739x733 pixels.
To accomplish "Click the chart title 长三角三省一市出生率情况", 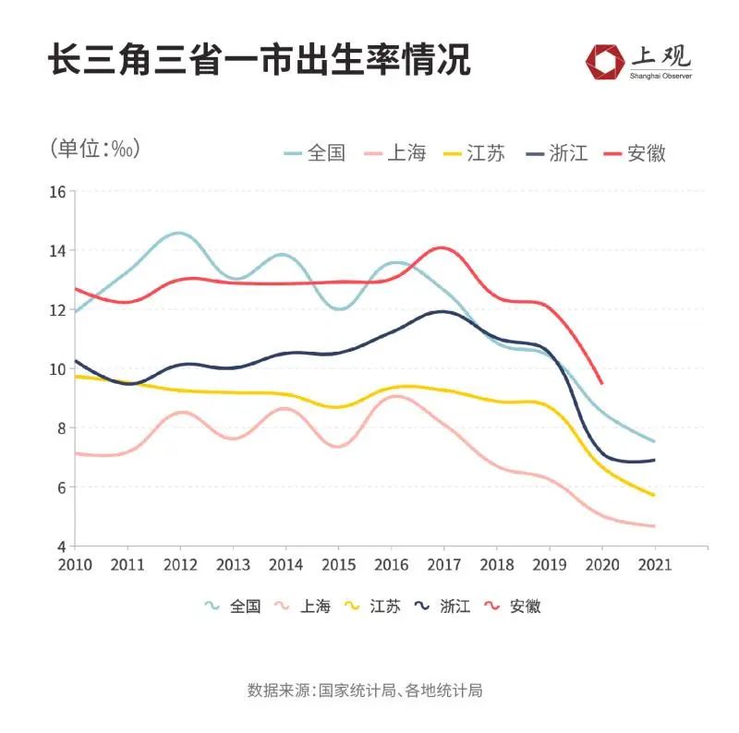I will click(260, 60).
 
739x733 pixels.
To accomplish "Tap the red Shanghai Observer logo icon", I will click(605, 61).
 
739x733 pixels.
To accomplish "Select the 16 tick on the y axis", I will click(57, 192).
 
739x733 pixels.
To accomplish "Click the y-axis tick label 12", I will click(57, 310).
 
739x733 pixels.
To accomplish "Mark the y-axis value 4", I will click(61, 547).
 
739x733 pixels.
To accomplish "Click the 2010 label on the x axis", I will click(74, 564).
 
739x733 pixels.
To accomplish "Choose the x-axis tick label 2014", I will click(285, 564).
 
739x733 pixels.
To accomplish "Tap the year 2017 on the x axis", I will click(444, 564).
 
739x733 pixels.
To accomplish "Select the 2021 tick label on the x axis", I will click(655, 564).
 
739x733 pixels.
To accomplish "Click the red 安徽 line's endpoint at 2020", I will click(602, 383).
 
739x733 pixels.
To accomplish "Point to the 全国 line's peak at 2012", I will click(179, 234).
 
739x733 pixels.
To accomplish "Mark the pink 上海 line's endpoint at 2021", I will click(655, 526).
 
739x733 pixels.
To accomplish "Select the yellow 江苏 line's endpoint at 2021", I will click(655, 496).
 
